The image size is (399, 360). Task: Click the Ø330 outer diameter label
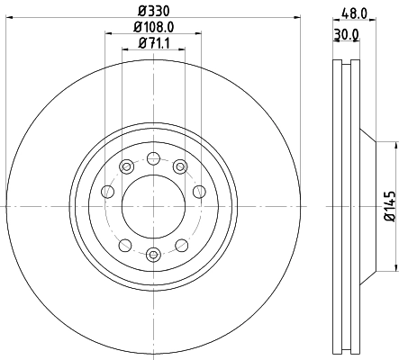[x=153, y=10]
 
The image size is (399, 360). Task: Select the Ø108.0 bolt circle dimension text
[x=154, y=27]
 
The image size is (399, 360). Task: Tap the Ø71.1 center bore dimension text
[x=154, y=45]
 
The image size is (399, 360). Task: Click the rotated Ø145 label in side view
[x=390, y=206]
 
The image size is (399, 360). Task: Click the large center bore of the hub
[x=153, y=206]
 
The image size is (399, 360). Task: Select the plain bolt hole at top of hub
[x=153, y=158]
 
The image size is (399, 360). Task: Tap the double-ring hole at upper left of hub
[x=126, y=167]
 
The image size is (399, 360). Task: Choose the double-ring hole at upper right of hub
[x=180, y=167]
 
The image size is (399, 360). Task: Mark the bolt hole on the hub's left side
[x=108, y=191]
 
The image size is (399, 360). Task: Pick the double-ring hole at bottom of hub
[x=153, y=254]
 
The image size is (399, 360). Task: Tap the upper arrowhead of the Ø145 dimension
[x=394, y=143]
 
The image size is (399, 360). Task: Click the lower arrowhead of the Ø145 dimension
[x=394, y=268]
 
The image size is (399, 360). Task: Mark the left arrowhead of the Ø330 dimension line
[x=9, y=18]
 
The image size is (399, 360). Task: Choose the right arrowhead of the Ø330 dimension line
[x=297, y=18]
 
